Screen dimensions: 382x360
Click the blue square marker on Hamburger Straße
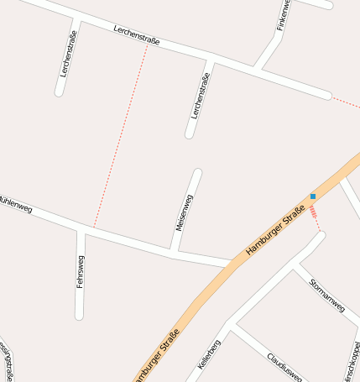click(x=313, y=196)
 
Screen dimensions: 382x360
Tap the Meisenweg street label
click(x=184, y=212)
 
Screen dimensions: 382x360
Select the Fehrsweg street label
click(x=81, y=271)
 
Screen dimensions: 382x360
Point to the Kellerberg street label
click(x=208, y=354)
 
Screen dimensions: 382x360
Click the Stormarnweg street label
click(x=327, y=296)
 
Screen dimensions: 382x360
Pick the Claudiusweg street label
click(x=284, y=367)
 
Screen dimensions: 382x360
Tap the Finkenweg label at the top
click(x=284, y=14)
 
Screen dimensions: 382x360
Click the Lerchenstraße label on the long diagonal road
click(x=137, y=35)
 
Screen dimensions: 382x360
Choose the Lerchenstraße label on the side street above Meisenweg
click(x=199, y=95)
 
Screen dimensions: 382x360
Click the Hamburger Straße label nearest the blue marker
click(x=274, y=236)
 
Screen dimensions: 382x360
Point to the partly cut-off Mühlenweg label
click(x=15, y=203)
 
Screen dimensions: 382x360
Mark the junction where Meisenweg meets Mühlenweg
click(x=173, y=252)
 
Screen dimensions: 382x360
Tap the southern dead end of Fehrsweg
click(x=80, y=316)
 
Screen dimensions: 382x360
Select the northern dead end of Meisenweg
click(x=198, y=173)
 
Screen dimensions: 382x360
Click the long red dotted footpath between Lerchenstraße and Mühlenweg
click(x=121, y=134)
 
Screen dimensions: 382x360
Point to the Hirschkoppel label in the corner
click(x=352, y=363)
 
